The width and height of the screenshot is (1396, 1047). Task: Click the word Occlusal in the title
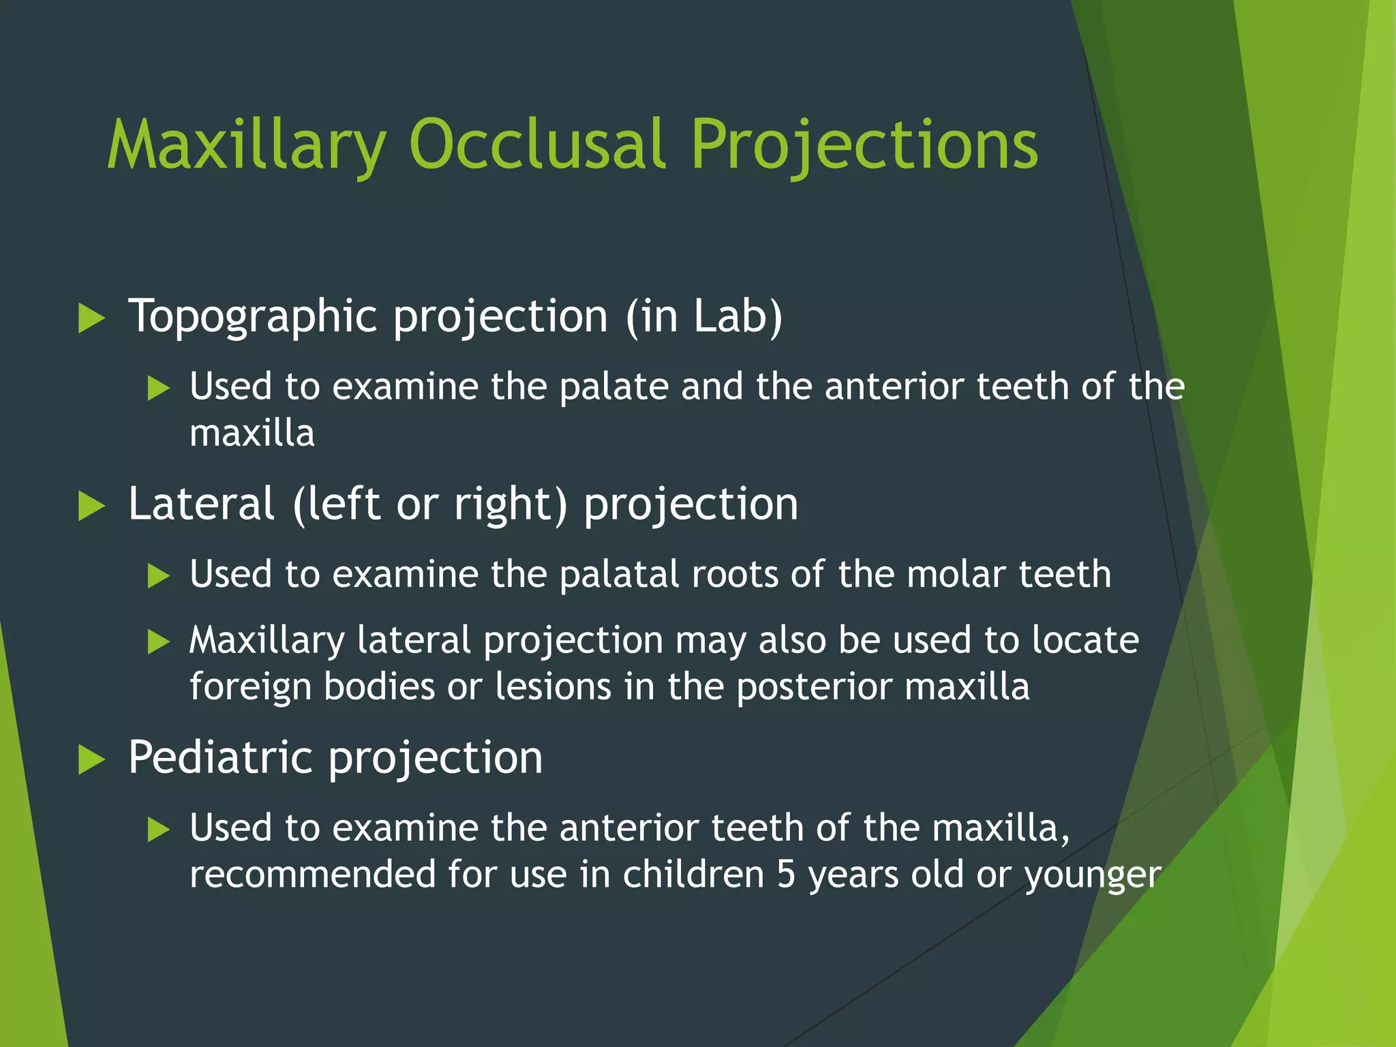pyautogui.click(x=536, y=145)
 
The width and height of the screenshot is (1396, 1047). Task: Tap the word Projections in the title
pyautogui.click(x=864, y=145)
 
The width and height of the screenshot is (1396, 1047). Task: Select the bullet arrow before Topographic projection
pyautogui.click(x=91, y=318)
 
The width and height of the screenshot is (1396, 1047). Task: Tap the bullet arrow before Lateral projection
pyautogui.click(x=91, y=506)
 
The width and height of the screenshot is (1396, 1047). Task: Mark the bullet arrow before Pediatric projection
pyautogui.click(x=91, y=759)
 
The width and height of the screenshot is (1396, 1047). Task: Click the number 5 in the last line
pyautogui.click(x=786, y=875)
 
